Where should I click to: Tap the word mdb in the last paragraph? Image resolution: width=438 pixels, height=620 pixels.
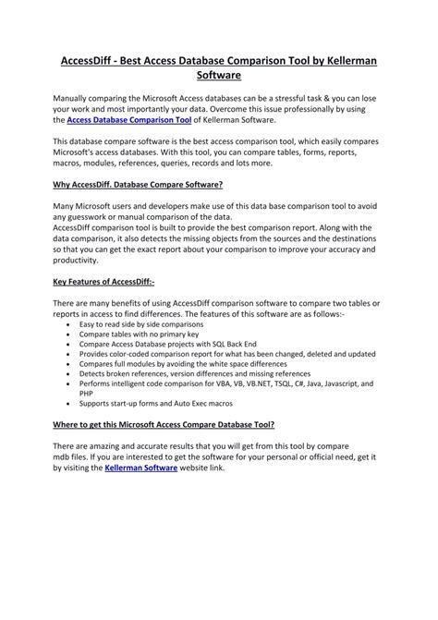[61, 456]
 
